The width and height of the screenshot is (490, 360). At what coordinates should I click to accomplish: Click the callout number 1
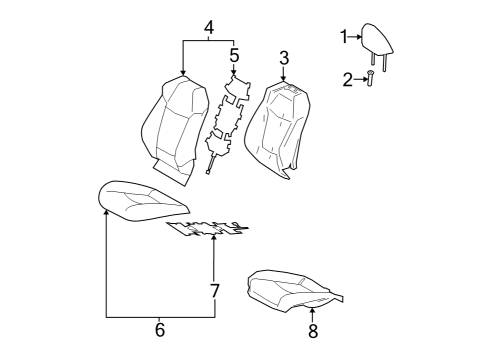point(343,37)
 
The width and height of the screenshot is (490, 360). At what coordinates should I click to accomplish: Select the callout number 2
point(348,79)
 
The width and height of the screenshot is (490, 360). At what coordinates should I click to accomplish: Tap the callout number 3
point(284,57)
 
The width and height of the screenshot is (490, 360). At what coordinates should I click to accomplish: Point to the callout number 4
point(208,26)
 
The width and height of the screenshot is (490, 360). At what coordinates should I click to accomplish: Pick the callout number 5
point(234,55)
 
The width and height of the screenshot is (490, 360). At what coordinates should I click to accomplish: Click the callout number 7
point(213,291)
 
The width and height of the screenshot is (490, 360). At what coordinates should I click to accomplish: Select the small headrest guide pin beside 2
point(370,80)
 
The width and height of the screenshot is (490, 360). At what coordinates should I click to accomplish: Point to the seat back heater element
point(226,125)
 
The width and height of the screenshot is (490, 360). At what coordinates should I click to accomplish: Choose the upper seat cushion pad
point(140,197)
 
